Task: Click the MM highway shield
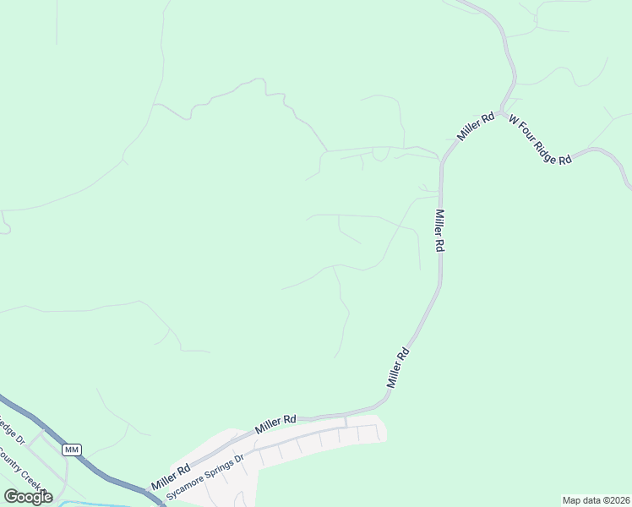72,450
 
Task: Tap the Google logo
28,497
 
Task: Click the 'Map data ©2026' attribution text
597,500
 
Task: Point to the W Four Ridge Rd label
540,140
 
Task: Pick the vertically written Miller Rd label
439,230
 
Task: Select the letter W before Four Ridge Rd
512,120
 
